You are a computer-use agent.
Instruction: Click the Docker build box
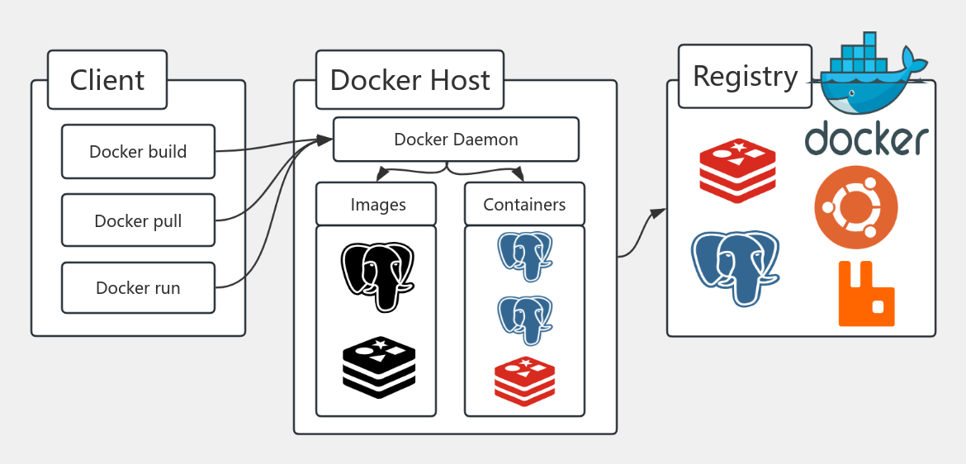pos(138,152)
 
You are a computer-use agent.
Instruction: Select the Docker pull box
pos(138,220)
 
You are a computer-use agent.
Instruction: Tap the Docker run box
pos(138,288)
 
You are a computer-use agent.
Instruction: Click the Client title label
pos(107,80)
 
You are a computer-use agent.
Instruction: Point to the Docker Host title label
pos(410,80)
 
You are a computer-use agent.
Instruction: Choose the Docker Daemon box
pos(456,140)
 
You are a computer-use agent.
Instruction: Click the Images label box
pos(377,205)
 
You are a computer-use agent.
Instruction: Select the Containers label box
pos(524,205)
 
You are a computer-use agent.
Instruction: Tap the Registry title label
pos(745,76)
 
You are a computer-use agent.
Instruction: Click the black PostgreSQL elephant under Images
pos(377,276)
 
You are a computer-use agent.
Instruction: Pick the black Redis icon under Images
pos(378,367)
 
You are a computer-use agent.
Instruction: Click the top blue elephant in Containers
pos(524,255)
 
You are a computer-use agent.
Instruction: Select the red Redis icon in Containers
pos(524,381)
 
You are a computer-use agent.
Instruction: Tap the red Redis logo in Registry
pos(737,170)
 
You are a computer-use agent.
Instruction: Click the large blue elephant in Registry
pos(735,266)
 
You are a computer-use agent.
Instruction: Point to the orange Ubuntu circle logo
pos(855,207)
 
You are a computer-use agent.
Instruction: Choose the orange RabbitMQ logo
pos(866,294)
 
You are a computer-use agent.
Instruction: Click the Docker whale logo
pos(871,74)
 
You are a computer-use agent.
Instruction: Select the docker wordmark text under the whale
pos(866,139)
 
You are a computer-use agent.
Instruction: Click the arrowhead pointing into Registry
pos(658,214)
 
